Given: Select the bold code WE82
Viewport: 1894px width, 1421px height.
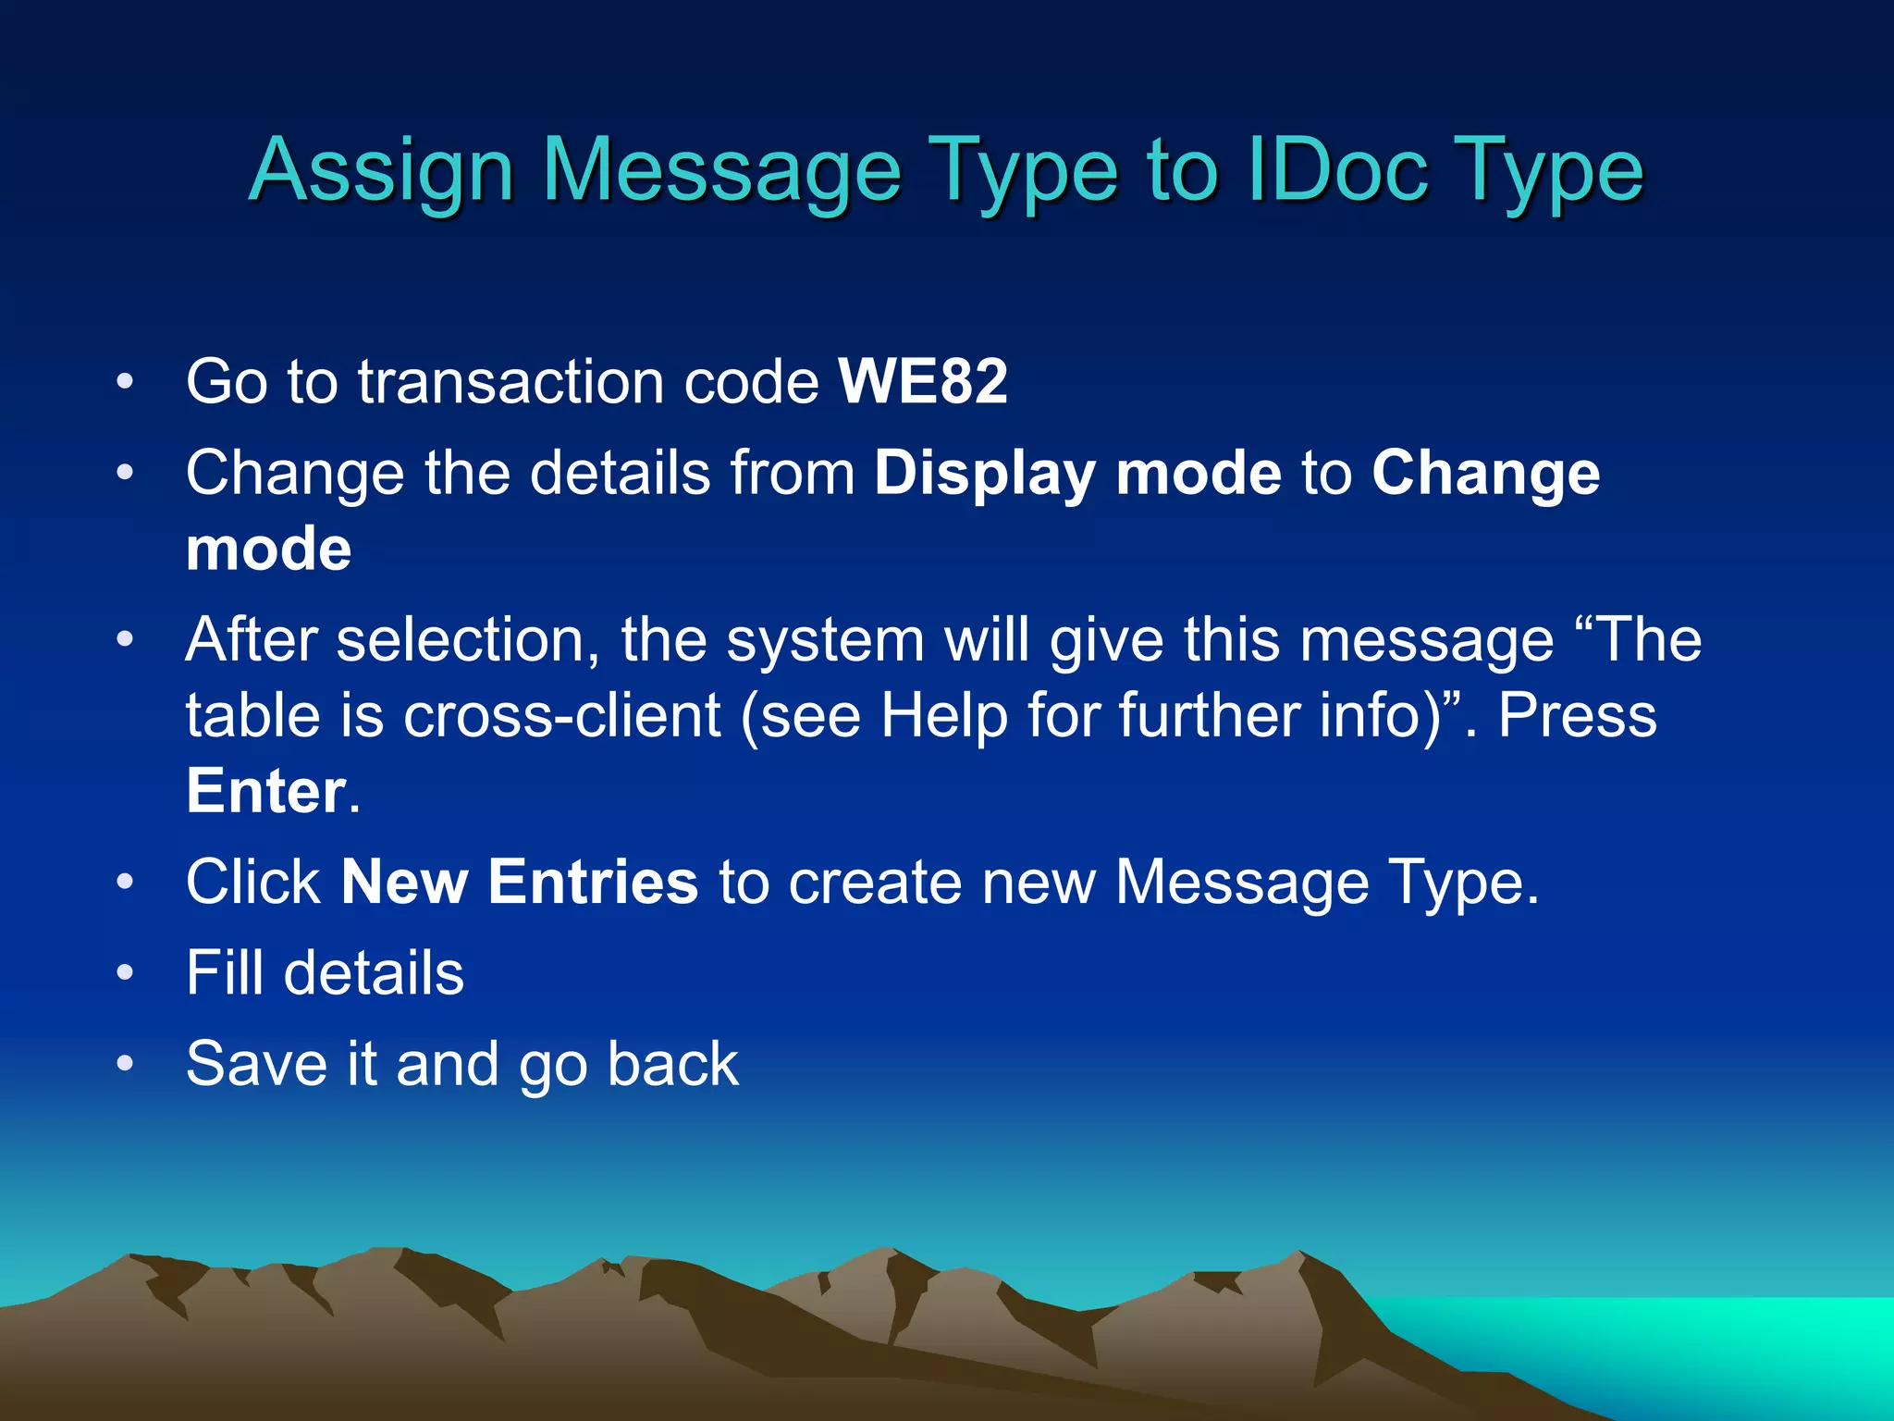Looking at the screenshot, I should point(922,381).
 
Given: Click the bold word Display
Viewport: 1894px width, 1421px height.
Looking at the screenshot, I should point(984,475).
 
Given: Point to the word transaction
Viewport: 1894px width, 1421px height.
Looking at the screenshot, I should point(510,381).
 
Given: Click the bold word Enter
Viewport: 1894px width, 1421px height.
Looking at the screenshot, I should point(265,792).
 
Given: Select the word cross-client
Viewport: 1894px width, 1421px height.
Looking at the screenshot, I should point(561,716).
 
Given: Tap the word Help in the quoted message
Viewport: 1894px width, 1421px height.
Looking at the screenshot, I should point(943,716).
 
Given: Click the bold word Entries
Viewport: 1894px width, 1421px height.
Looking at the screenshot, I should point(593,882).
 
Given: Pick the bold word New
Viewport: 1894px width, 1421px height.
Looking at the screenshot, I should point(404,882).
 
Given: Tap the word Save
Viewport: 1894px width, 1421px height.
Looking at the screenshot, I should point(256,1064).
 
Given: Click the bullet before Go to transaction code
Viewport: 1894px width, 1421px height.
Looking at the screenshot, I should point(126,382).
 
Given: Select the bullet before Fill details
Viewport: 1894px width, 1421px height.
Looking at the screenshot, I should point(126,974).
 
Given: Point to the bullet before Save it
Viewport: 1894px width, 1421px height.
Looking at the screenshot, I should point(126,1065).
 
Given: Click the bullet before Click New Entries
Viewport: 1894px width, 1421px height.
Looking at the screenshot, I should point(126,883).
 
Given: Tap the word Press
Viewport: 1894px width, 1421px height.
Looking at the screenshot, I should point(1577,716).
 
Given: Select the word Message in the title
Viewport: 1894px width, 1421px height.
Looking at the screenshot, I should point(720,172).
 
